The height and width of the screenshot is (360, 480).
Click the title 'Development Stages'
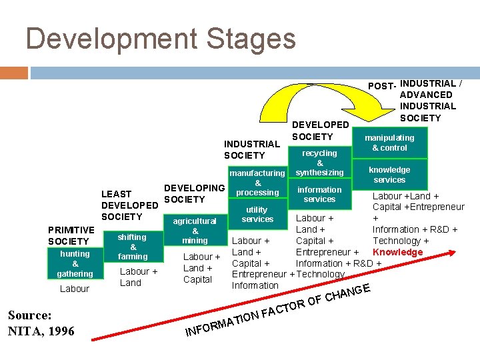(160, 39)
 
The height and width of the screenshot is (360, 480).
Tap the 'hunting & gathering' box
(75, 263)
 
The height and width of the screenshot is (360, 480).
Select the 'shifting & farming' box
(133, 247)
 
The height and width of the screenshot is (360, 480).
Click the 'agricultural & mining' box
(195, 231)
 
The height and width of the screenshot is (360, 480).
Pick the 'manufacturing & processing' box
(257, 183)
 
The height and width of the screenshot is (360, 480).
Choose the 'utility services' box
(257, 215)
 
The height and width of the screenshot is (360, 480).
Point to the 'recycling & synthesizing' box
(319, 163)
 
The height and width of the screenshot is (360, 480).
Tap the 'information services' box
(319, 194)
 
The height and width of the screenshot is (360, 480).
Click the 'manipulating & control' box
(389, 143)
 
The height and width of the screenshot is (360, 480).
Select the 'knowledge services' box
(389, 175)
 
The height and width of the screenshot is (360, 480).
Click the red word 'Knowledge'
(397, 252)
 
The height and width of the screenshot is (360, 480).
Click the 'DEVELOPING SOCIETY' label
(193, 194)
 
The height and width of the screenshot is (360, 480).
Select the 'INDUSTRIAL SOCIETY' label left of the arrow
(251, 149)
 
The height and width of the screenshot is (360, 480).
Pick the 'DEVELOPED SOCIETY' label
(320, 131)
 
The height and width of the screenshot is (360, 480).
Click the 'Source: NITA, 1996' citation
(41, 323)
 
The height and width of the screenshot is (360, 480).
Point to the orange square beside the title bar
(13, 73)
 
